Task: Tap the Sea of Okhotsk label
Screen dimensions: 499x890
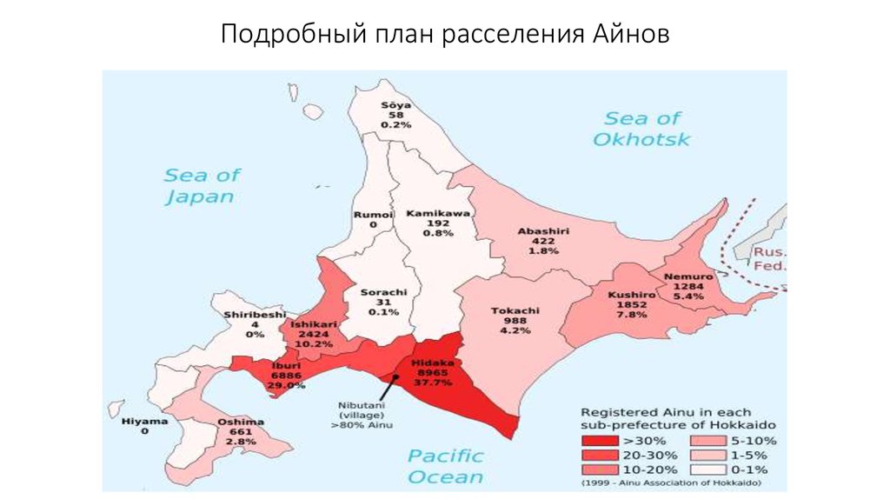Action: pyautogui.click(x=642, y=128)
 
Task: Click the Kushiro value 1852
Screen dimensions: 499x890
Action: pyautogui.click(x=632, y=304)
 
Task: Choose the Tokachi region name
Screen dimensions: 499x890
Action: pyautogui.click(x=515, y=310)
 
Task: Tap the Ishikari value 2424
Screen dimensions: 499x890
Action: pyautogui.click(x=313, y=333)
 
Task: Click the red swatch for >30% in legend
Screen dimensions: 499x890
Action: pyautogui.click(x=598, y=441)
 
